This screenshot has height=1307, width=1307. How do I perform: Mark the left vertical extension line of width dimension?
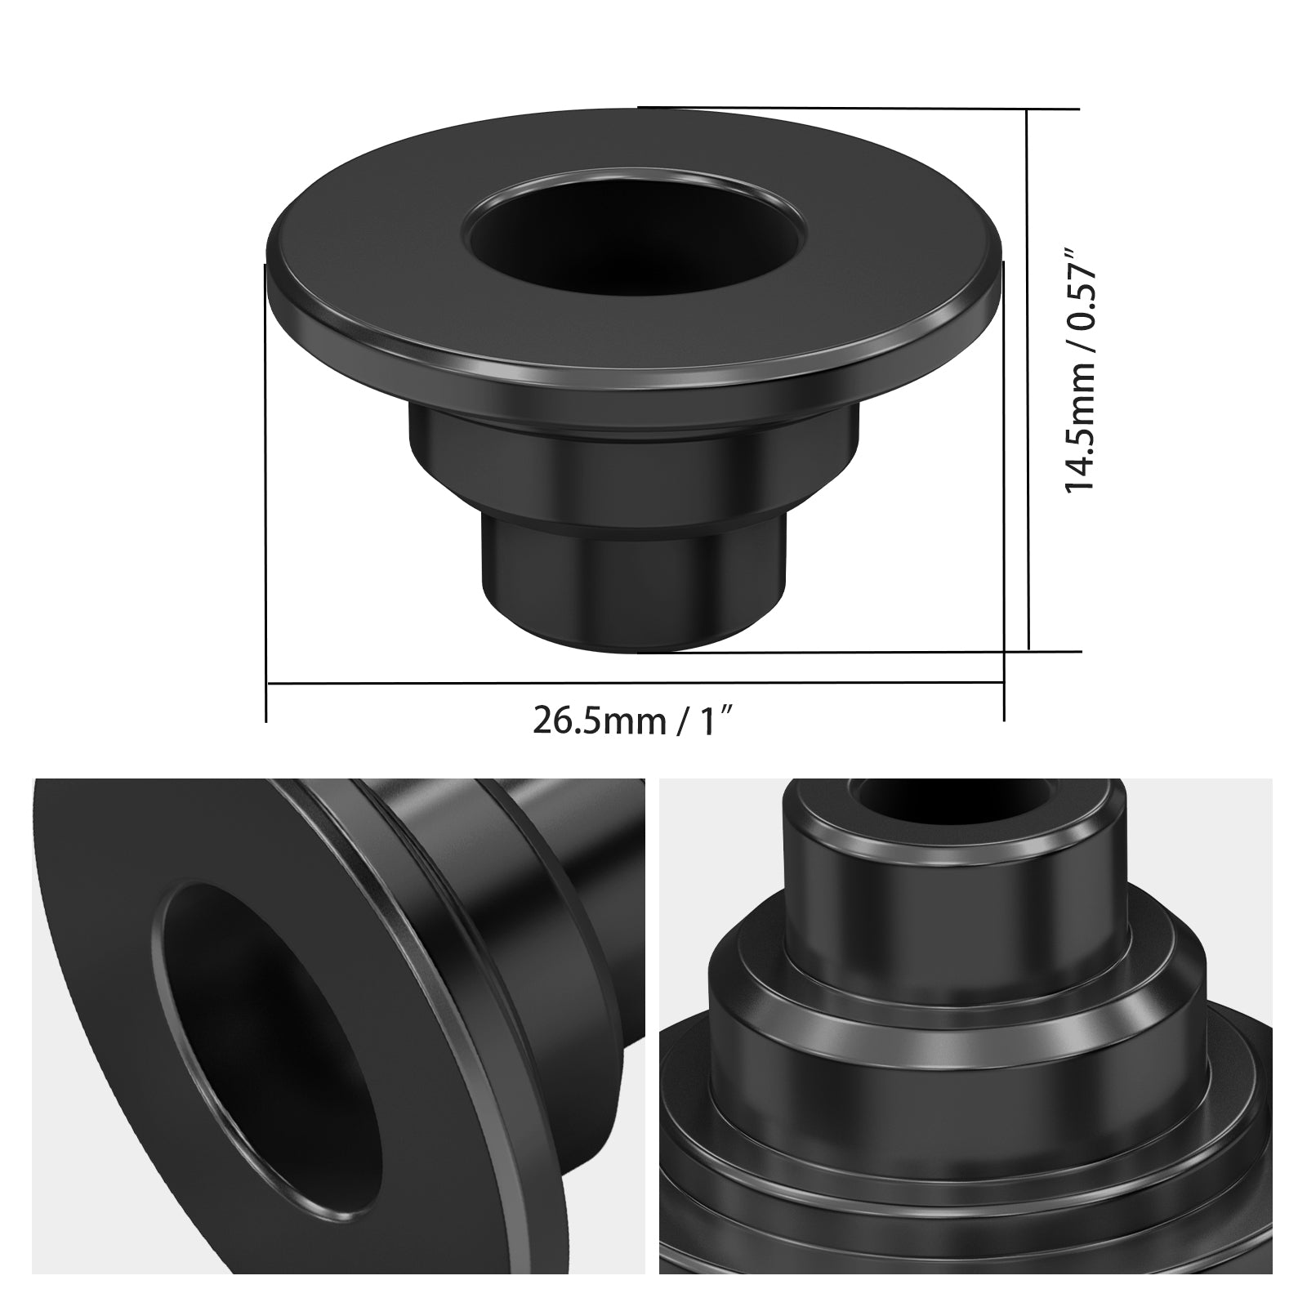(267, 490)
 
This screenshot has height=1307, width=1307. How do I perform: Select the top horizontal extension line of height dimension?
(858, 107)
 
